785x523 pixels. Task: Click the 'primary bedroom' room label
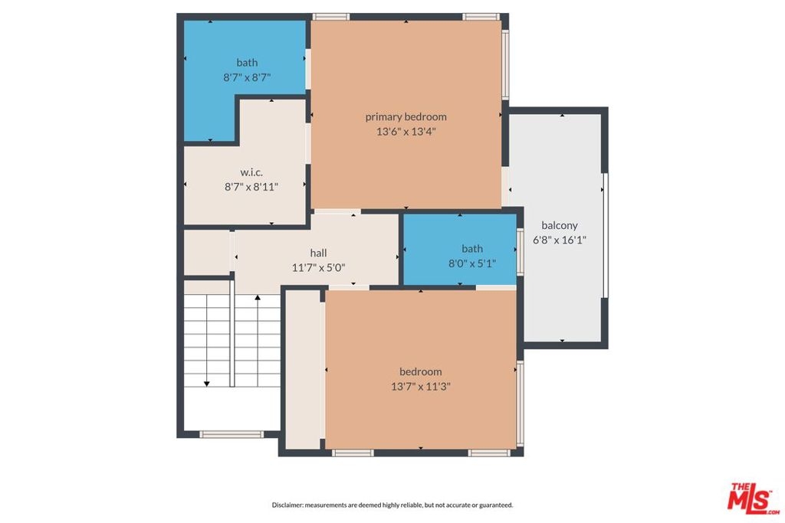pyautogui.click(x=406, y=117)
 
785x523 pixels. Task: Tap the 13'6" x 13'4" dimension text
pyautogui.click(x=406, y=132)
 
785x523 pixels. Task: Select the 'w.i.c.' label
pyautogui.click(x=251, y=172)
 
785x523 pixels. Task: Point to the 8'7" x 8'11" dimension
pyautogui.click(x=251, y=187)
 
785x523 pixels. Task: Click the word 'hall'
pyautogui.click(x=318, y=253)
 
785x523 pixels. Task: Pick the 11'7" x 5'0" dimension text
pyautogui.click(x=318, y=267)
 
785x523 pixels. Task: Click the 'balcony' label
pyautogui.click(x=559, y=225)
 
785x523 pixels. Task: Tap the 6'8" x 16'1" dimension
pyautogui.click(x=559, y=240)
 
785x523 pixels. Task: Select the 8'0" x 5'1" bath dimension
pyautogui.click(x=472, y=263)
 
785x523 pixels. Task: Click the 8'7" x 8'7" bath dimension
pyautogui.click(x=247, y=77)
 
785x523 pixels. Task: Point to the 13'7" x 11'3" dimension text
pyautogui.click(x=421, y=387)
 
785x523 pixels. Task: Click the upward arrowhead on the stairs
pyautogui.click(x=258, y=298)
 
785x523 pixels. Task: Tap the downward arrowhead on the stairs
pyautogui.click(x=206, y=384)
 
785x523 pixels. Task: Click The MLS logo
pyautogui.click(x=754, y=498)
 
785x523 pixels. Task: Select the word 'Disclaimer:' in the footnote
pyautogui.click(x=287, y=505)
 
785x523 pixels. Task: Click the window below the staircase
pyautogui.click(x=232, y=434)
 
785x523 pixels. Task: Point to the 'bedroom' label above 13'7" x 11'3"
pyautogui.click(x=421, y=372)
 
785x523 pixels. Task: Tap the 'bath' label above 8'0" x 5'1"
pyautogui.click(x=472, y=249)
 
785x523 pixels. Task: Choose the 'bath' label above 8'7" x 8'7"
pyautogui.click(x=247, y=63)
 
